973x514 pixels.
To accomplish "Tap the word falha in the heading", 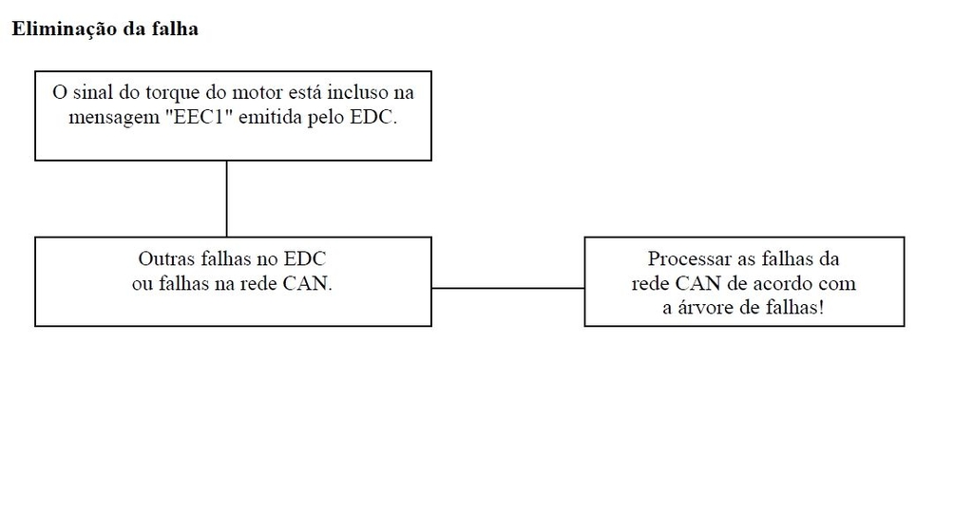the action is tap(177, 29).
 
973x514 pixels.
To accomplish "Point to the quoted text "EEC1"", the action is tap(199, 117).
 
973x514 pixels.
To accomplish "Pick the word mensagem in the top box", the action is tap(114, 118).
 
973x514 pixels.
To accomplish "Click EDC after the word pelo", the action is tap(372, 117).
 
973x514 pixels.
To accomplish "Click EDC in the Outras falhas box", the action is tap(305, 258).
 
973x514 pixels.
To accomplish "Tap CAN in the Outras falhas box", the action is tap(307, 283).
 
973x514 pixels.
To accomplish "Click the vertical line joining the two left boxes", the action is tap(226, 199).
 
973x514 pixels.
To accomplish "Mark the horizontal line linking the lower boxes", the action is tap(508, 288).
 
